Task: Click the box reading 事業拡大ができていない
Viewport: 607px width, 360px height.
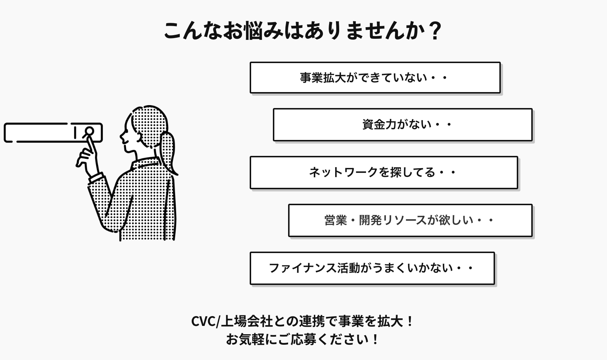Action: [x=375, y=78]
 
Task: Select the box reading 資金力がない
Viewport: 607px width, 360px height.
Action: [x=402, y=124]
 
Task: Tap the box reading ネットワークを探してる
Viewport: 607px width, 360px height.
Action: [x=383, y=172]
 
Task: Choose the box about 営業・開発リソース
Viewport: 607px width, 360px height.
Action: [x=410, y=220]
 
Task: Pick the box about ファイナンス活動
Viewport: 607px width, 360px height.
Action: [x=372, y=268]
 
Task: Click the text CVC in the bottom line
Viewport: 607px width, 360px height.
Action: [x=203, y=321]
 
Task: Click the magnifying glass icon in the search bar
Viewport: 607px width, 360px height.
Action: [x=89, y=132]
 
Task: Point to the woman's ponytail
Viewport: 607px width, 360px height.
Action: [x=169, y=152]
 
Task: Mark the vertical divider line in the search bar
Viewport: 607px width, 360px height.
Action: [x=75, y=132]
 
